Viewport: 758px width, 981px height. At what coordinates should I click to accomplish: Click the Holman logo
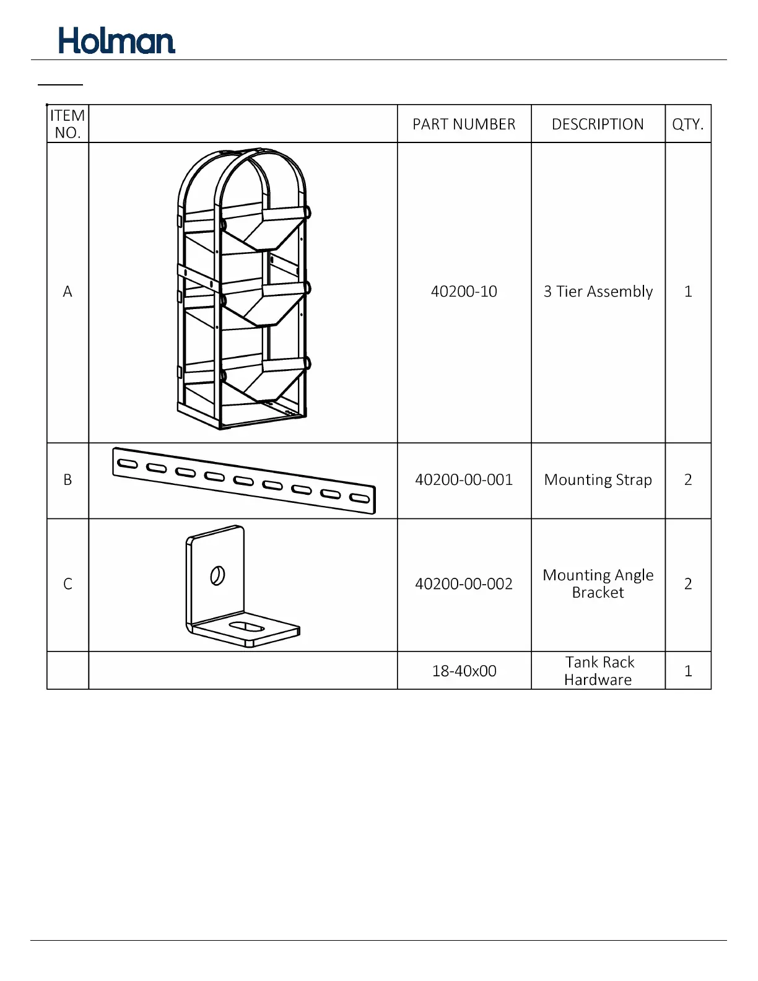pyautogui.click(x=116, y=41)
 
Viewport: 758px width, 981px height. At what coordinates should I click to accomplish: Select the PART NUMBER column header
pyautogui.click(x=464, y=124)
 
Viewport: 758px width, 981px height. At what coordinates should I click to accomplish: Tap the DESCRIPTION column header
pyautogui.click(x=598, y=124)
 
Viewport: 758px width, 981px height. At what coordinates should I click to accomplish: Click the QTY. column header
pyautogui.click(x=688, y=124)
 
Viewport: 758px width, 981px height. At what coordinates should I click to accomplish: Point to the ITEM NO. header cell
pyautogui.click(x=68, y=124)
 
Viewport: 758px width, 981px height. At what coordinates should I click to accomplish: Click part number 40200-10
pyautogui.click(x=464, y=292)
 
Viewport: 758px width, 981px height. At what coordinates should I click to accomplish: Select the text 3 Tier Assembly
pyautogui.click(x=598, y=292)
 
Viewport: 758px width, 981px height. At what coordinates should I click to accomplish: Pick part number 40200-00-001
pyautogui.click(x=464, y=480)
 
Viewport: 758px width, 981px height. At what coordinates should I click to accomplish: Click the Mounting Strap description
pyautogui.click(x=598, y=480)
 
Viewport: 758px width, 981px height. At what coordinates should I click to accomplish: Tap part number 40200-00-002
pyautogui.click(x=464, y=584)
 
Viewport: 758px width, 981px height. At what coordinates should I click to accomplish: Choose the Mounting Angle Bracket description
pyautogui.click(x=598, y=584)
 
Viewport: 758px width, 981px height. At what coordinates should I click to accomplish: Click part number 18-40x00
pyautogui.click(x=464, y=671)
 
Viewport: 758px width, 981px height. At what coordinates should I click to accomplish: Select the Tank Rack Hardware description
pyautogui.click(x=598, y=671)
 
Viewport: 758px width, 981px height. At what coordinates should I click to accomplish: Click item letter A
pyautogui.click(x=68, y=292)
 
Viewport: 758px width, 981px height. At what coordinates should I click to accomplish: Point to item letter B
pyautogui.click(x=68, y=480)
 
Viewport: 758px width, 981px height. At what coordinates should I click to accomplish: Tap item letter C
pyautogui.click(x=68, y=584)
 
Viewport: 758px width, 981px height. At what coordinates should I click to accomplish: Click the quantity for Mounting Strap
pyautogui.click(x=688, y=480)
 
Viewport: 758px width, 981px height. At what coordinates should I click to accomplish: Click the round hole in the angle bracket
pyautogui.click(x=217, y=576)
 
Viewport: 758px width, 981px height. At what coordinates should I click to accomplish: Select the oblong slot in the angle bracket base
pyautogui.click(x=247, y=627)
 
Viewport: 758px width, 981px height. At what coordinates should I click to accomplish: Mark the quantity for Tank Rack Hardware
pyautogui.click(x=688, y=671)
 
